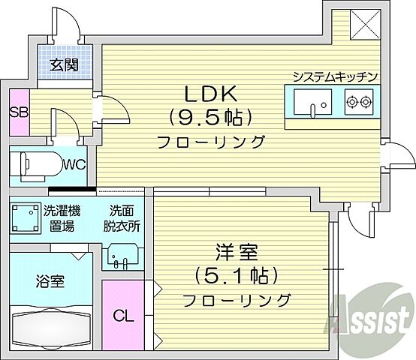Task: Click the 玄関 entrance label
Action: click(x=65, y=64)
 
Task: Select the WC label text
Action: click(x=73, y=163)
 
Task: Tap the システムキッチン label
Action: click(x=334, y=76)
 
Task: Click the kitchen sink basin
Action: click(x=311, y=101)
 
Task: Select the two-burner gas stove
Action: click(x=359, y=102)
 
